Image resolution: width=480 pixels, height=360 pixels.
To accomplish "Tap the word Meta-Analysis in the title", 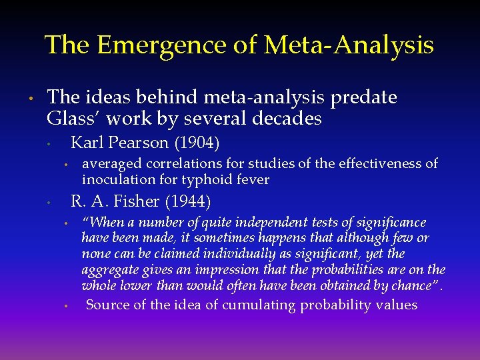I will pyautogui.click(x=349, y=45).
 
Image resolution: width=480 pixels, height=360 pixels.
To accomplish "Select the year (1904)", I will pyautogui.click(x=197, y=143).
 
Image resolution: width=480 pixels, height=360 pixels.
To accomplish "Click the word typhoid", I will pyautogui.click(x=218, y=179).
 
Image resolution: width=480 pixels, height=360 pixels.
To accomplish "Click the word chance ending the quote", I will pyautogui.click(x=413, y=285).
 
